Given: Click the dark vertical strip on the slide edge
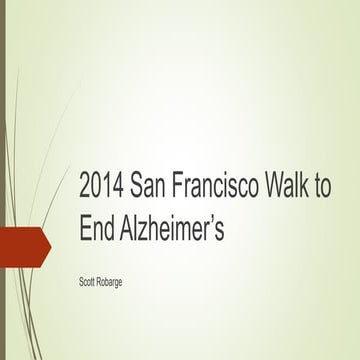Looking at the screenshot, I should [3, 180].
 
